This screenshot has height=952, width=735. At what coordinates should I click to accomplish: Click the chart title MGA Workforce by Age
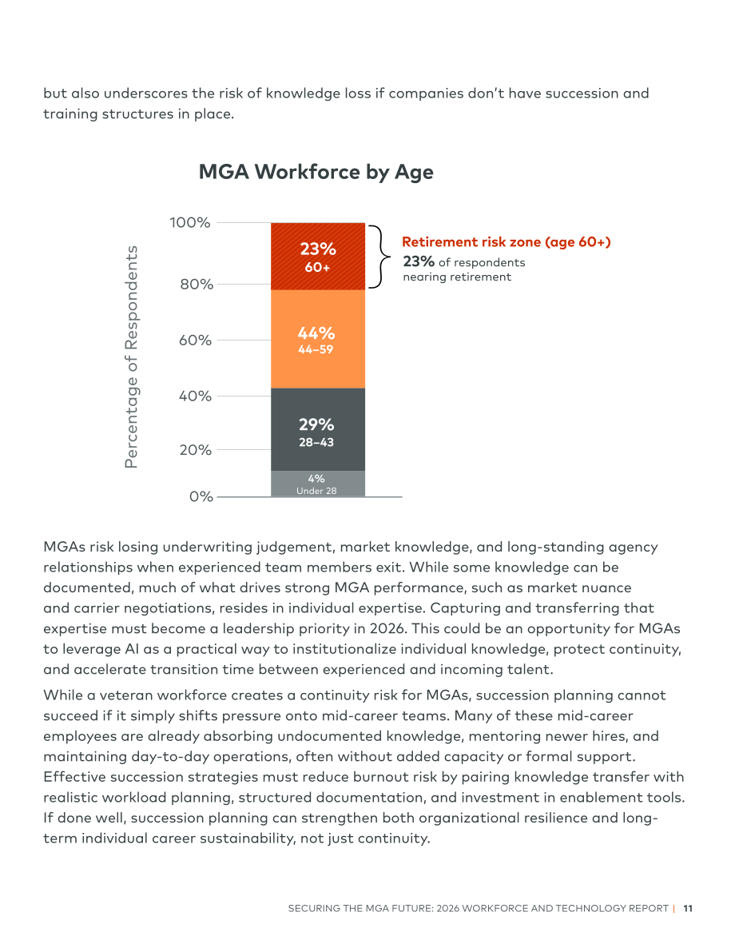point(316,173)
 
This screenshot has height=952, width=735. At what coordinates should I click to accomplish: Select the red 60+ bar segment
point(318,257)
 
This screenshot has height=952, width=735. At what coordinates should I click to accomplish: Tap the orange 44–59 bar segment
point(318,339)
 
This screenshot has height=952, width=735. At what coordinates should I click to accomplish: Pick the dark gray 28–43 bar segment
point(318,429)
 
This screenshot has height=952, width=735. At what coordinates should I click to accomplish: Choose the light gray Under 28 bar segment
point(318,484)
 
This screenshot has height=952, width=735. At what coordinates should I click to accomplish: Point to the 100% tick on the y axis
point(190,223)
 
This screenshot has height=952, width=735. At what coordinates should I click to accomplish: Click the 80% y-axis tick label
point(196,284)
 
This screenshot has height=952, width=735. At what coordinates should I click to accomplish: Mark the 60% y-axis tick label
point(196,340)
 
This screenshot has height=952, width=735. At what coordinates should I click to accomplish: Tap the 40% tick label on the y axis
point(196,396)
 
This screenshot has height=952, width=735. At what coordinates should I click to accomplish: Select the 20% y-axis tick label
point(196,450)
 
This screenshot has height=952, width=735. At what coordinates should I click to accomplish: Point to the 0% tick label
point(201,496)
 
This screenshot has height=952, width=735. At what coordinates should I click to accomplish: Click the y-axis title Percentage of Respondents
point(131,357)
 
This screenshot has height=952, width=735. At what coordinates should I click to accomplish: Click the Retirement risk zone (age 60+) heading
point(507,242)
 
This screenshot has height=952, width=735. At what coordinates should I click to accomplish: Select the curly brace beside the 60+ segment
point(380,257)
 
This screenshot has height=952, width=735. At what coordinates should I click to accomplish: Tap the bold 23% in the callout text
point(419,261)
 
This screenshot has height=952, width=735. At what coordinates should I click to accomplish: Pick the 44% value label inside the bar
point(316,333)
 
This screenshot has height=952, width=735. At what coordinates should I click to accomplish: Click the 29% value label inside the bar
point(316,424)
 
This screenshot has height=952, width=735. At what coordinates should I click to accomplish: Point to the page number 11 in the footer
point(688,908)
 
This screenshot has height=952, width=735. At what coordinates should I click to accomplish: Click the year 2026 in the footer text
point(448,908)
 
